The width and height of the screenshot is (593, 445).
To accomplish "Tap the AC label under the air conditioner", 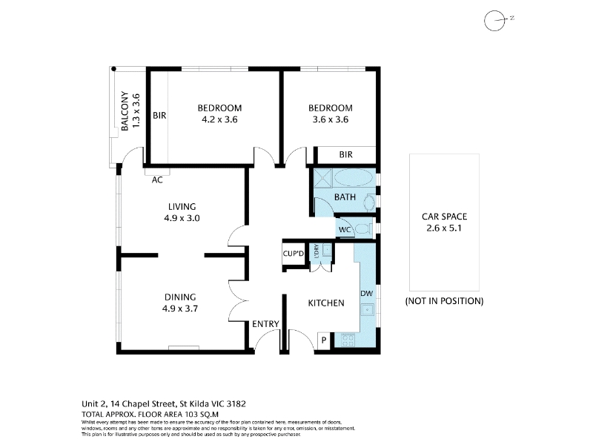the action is click(157, 180).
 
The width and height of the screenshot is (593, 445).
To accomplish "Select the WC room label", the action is click(345, 230).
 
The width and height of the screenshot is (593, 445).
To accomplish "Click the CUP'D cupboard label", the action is click(294, 253).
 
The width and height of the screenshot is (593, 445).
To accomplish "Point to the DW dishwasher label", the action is click(366, 293).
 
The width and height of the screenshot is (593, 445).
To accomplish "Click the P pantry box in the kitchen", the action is click(324, 340).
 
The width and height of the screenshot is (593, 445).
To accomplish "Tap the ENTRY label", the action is click(266, 324).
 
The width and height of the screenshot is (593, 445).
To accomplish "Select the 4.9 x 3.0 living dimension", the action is click(182, 218).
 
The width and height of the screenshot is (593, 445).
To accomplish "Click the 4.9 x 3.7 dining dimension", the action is click(180, 309).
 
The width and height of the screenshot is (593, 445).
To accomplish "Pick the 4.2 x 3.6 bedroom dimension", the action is click(219, 119).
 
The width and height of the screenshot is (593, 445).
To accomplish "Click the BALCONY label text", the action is click(125, 111).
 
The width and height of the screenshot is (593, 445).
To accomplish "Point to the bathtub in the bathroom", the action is click(354, 177).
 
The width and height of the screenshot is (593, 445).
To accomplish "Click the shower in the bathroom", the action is click(322, 177).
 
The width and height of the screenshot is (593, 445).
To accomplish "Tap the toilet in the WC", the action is click(364, 229).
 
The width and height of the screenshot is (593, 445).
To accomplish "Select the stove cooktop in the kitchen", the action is click(348, 340).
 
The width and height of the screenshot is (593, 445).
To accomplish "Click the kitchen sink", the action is click(367, 310).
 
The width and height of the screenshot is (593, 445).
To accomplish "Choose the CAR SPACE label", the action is click(444, 217).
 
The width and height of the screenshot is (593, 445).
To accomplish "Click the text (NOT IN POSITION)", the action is click(444, 301).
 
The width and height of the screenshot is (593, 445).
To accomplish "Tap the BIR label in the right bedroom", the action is click(345, 154).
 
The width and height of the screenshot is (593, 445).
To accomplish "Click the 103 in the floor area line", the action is click(193, 415).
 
